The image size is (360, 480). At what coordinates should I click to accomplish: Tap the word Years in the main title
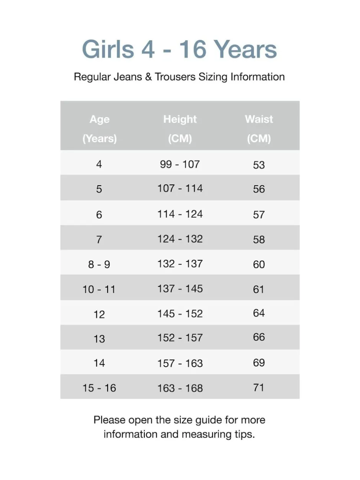click(245, 49)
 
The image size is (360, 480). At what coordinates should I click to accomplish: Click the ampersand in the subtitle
click(149, 77)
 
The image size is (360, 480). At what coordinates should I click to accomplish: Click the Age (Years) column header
click(99, 129)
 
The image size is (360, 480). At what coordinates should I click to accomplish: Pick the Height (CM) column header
click(180, 129)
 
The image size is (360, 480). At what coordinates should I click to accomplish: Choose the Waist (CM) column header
click(259, 129)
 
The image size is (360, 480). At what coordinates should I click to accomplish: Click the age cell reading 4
click(99, 165)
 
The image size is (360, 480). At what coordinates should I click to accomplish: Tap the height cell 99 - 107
click(180, 164)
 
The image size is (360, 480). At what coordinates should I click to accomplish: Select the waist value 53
click(259, 165)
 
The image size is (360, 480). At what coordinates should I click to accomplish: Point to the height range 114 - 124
click(180, 214)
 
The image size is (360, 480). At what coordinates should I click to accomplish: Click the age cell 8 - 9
click(99, 264)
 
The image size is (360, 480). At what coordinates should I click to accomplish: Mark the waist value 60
click(259, 264)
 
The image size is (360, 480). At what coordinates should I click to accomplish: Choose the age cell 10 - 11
click(99, 289)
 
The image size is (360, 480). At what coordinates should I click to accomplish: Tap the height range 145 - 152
click(180, 313)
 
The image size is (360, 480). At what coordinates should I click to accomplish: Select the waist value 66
click(259, 337)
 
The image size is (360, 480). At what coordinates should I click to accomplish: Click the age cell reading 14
click(99, 363)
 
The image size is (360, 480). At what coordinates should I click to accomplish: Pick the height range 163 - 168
click(180, 388)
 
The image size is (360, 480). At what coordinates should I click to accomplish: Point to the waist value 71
click(259, 387)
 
